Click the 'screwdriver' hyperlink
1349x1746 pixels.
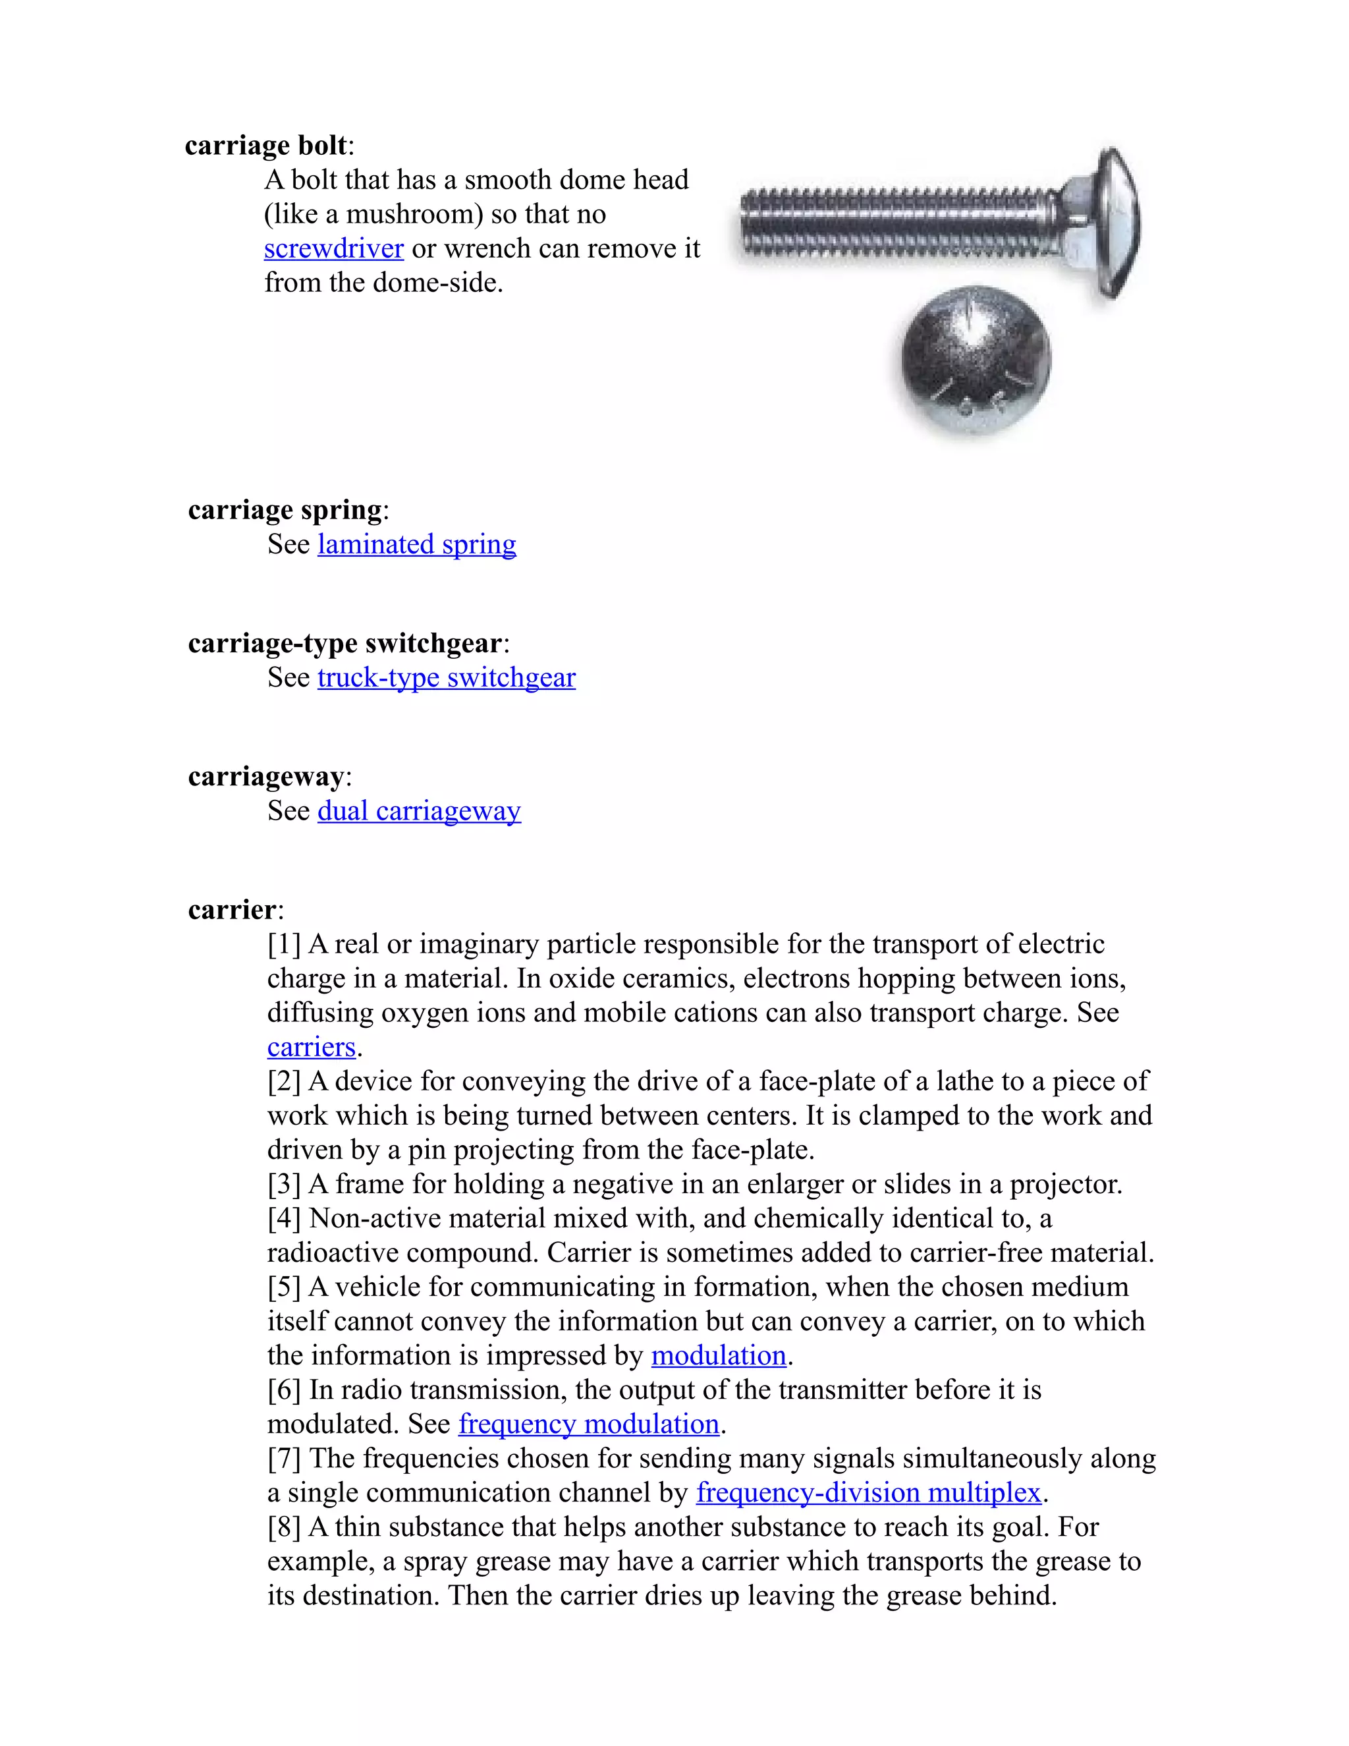(333, 248)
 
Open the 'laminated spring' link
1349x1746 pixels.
(416, 544)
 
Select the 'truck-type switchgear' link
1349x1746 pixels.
(446, 678)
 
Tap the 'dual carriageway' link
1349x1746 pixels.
(419, 812)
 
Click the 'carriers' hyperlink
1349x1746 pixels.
(311, 1048)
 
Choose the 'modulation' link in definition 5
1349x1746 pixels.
(719, 1356)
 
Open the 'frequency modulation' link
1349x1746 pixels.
(589, 1424)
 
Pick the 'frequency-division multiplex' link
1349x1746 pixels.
(869, 1494)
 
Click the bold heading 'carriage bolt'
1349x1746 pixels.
(266, 146)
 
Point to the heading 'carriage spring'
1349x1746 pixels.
(285, 510)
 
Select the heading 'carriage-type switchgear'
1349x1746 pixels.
(345, 644)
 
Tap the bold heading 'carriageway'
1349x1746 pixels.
(266, 777)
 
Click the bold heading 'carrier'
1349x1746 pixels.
(233, 911)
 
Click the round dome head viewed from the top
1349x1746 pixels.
(976, 360)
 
